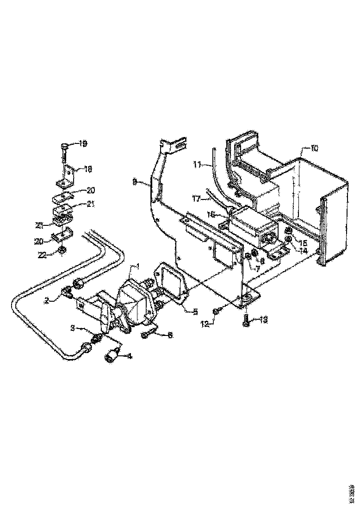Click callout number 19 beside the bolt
point(82,144)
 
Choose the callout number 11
point(198,164)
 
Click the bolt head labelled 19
point(64,147)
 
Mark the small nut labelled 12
point(217,310)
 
